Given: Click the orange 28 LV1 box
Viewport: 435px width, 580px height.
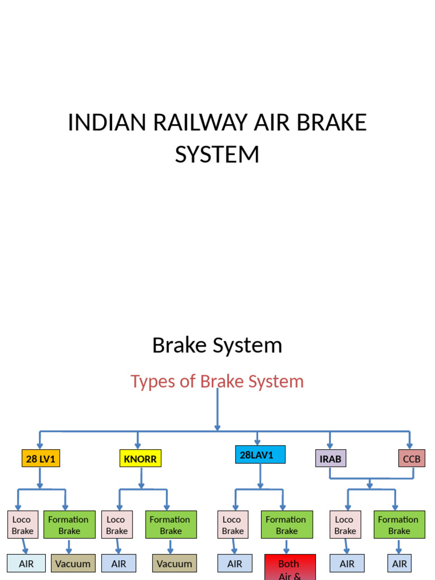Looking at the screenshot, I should (x=41, y=458).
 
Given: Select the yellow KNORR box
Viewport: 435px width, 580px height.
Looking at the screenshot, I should (x=140, y=458).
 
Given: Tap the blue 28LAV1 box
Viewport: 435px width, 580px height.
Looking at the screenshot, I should (x=260, y=454).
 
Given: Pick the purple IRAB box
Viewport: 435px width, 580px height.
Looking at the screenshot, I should (x=330, y=458).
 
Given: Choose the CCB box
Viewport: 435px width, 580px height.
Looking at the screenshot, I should (x=411, y=458).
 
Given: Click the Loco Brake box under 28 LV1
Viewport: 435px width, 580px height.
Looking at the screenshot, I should (x=23, y=524).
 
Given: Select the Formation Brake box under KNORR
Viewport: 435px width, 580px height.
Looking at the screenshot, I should (x=170, y=524).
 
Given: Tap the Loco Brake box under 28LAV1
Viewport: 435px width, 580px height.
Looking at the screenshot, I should (x=232, y=524).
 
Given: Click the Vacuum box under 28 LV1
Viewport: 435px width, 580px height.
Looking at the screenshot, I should (x=73, y=564).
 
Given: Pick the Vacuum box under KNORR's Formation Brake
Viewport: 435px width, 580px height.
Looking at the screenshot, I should (x=174, y=564).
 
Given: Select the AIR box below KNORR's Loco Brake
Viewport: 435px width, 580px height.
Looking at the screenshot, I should (x=118, y=564).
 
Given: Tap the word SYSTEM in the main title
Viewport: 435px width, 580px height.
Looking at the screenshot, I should (x=217, y=155).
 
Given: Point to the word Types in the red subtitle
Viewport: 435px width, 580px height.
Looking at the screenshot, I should (x=149, y=381).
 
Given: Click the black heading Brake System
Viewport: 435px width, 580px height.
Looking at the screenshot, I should (x=217, y=345).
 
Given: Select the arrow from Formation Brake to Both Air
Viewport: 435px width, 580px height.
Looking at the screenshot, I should (x=286, y=547).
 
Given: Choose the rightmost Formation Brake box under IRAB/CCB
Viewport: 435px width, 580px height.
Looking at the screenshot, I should (x=399, y=524).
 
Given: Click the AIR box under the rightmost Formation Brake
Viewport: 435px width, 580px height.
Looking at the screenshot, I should (x=399, y=564).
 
